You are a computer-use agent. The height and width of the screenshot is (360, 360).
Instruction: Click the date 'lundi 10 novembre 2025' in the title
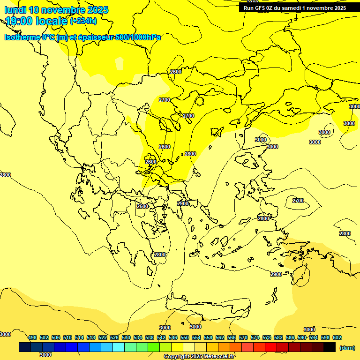click(x=56, y=10)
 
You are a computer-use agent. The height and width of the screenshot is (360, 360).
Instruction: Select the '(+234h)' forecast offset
click(x=83, y=21)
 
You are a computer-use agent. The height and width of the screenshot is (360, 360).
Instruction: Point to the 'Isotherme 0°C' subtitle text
click(x=29, y=37)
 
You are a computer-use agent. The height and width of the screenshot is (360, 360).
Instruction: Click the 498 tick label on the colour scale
click(x=32, y=337)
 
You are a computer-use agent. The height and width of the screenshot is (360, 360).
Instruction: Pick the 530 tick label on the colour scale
click(x=126, y=337)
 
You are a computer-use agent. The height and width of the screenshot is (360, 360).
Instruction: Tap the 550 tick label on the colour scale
click(x=185, y=337)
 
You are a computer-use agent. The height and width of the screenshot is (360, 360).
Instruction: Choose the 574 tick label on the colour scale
click(x=255, y=337)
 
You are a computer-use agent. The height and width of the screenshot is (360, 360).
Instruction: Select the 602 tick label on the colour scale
click(x=337, y=337)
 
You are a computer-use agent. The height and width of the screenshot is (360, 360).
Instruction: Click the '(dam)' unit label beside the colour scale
click(x=346, y=347)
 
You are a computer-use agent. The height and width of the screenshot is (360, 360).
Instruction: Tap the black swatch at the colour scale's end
click(x=330, y=347)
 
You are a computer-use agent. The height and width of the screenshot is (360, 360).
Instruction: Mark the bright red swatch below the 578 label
click(x=271, y=347)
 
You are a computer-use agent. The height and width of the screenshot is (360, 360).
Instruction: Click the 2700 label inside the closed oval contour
click(x=298, y=201)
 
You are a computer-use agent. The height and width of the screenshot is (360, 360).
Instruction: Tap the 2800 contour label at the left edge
click(x=5, y=175)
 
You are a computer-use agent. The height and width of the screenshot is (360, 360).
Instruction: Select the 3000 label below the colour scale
click(x=45, y=355)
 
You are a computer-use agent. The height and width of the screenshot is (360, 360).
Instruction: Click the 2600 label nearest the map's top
click(x=176, y=72)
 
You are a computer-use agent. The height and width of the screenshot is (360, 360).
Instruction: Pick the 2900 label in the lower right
click(x=276, y=274)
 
